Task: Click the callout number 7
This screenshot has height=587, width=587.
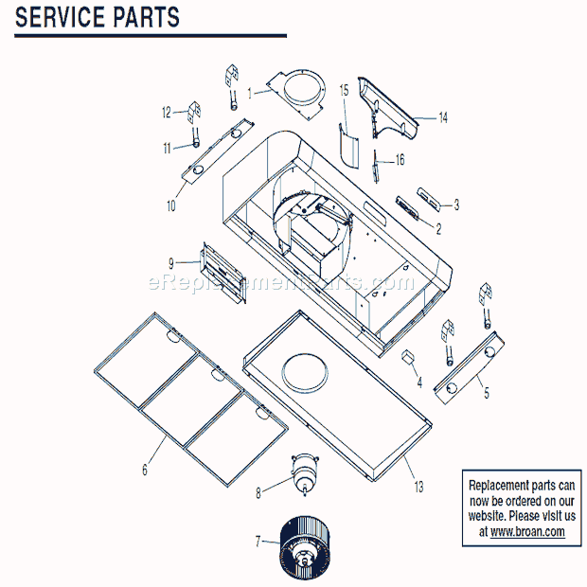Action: (258, 541)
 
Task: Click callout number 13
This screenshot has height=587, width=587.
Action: (418, 487)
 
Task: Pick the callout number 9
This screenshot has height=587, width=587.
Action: (171, 262)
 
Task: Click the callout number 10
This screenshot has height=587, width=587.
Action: (171, 205)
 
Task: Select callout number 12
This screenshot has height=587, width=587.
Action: (166, 112)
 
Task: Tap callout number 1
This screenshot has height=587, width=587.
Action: (250, 94)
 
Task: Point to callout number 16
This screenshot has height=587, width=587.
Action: (400, 160)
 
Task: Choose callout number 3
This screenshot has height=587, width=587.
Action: (456, 204)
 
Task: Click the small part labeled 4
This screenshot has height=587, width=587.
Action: (409, 357)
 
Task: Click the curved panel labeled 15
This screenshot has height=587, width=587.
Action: (347, 147)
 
